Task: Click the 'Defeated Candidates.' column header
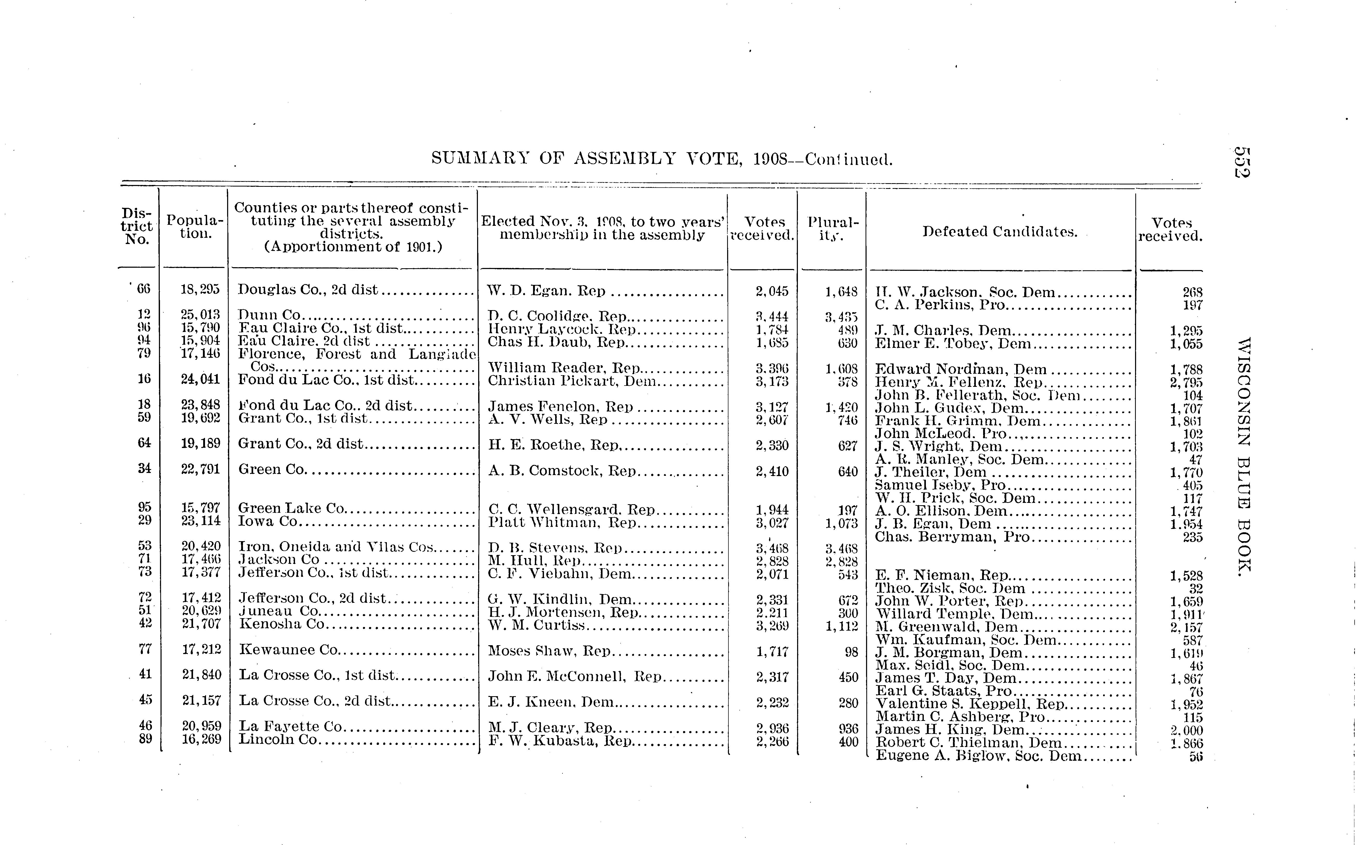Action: point(1000,231)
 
